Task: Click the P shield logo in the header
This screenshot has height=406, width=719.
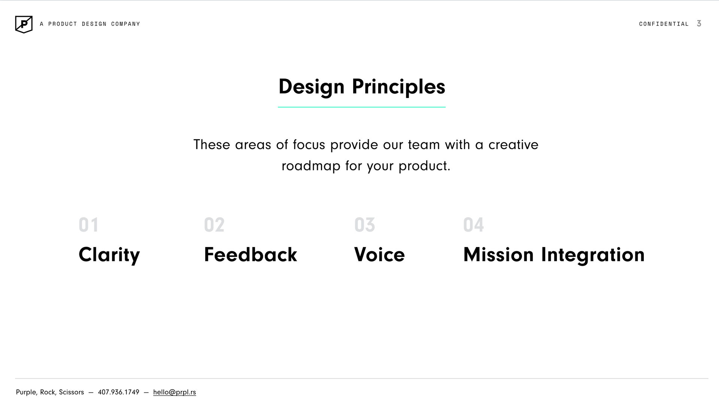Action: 24,24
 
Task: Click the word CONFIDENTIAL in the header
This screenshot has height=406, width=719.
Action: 664,24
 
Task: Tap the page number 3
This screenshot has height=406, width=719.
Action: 699,24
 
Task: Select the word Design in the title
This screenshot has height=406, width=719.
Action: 311,87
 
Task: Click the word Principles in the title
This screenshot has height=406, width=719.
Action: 398,87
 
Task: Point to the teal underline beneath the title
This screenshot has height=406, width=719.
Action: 361,107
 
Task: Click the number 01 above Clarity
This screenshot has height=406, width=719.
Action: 88,225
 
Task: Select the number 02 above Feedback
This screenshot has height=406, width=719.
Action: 214,225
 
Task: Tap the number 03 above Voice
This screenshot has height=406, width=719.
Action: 364,225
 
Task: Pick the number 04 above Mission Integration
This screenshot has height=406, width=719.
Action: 473,225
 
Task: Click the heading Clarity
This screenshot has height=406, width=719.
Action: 109,255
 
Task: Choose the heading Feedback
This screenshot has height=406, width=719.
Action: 251,255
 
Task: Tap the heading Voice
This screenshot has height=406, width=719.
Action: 379,255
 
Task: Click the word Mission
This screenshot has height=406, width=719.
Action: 498,255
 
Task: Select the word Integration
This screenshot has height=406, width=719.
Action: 593,255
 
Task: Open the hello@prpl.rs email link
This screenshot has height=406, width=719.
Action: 175,392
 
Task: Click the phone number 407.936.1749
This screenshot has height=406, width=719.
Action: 118,392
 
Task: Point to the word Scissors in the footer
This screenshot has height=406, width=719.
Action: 71,392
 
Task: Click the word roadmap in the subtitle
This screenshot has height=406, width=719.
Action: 311,166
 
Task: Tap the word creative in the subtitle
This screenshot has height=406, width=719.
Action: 513,145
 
